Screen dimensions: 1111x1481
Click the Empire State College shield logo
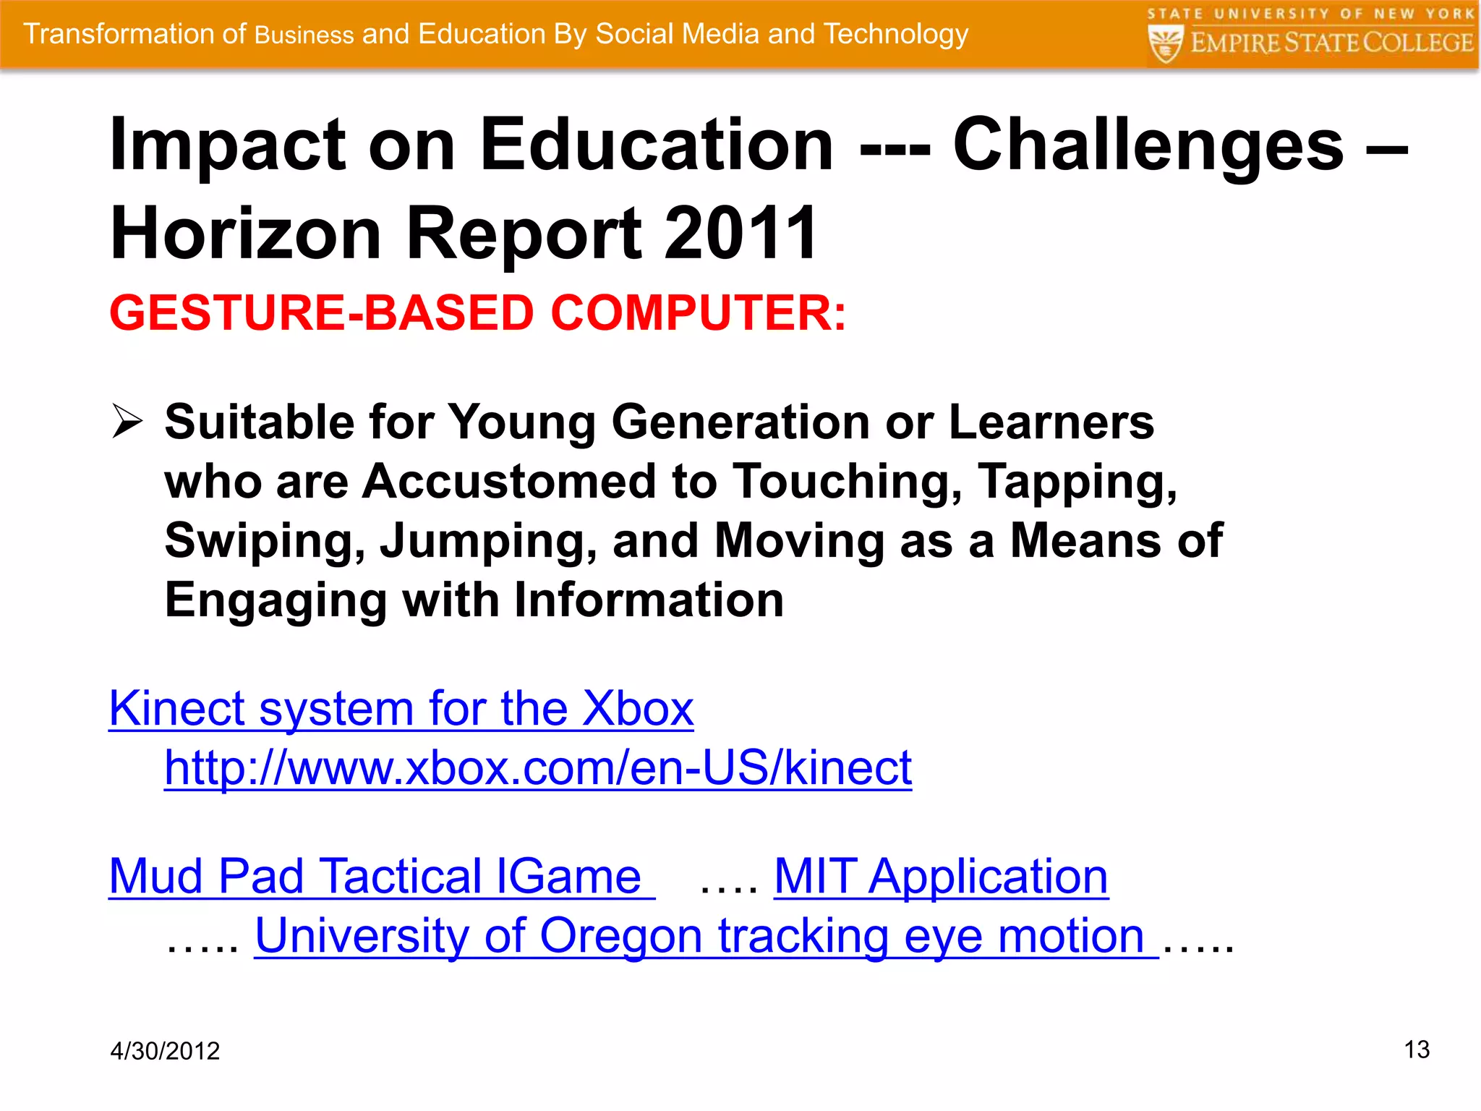click(1165, 43)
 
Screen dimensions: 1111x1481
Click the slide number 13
click(1416, 1049)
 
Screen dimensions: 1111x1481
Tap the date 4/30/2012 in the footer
click(165, 1050)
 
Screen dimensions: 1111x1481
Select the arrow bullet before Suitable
click(127, 422)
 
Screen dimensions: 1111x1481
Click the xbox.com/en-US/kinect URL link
click(538, 767)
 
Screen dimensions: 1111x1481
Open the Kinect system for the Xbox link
click(401, 708)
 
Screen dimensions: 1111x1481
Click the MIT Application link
click(941, 877)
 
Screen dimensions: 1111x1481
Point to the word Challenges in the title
click(1148, 146)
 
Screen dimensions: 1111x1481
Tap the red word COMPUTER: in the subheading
click(698, 313)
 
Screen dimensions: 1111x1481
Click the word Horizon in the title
click(246, 233)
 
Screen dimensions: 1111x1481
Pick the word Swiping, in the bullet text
click(265, 541)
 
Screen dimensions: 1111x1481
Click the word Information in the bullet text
click(649, 600)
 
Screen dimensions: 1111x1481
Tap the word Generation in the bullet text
click(741, 422)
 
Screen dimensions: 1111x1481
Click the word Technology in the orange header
click(895, 34)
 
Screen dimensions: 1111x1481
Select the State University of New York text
click(1310, 14)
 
